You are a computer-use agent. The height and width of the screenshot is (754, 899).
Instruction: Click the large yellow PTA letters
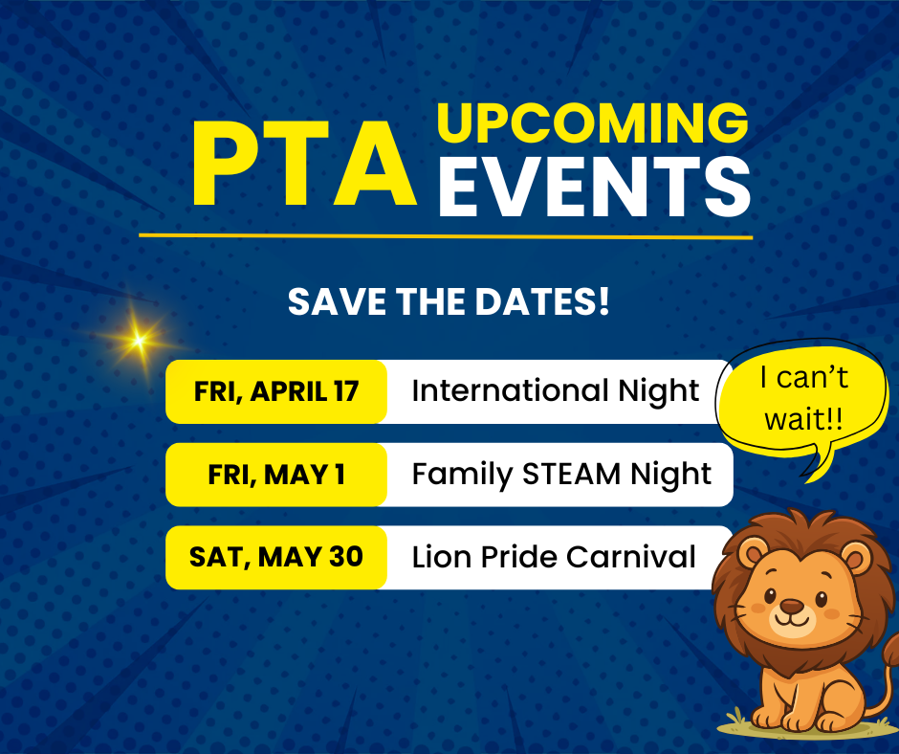[x=304, y=165]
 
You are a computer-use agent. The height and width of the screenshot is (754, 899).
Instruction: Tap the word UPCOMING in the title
[x=593, y=122]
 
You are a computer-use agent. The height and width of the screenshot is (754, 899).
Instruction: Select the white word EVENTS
[x=595, y=187]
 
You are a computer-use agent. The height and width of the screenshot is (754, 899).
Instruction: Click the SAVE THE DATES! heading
[x=449, y=301]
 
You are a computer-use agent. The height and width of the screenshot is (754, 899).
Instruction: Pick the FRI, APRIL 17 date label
[x=276, y=392]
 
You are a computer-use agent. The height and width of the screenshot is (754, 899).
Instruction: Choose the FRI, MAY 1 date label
[x=276, y=475]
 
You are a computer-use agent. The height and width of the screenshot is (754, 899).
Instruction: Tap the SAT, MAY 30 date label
[x=276, y=557]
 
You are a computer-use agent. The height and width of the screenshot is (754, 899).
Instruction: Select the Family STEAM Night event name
[x=562, y=476]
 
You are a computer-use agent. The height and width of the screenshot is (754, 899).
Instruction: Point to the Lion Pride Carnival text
[x=554, y=557]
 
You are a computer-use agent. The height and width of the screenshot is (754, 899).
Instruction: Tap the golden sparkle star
[x=138, y=341]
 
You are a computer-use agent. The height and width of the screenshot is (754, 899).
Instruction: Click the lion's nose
[x=792, y=606]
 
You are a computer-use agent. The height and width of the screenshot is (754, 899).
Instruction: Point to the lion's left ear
[x=753, y=553]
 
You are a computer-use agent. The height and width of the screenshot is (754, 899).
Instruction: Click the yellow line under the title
[x=446, y=235]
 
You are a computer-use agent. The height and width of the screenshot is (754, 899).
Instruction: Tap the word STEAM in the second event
[x=572, y=475]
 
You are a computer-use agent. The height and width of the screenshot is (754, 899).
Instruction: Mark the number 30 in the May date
[x=346, y=557]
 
